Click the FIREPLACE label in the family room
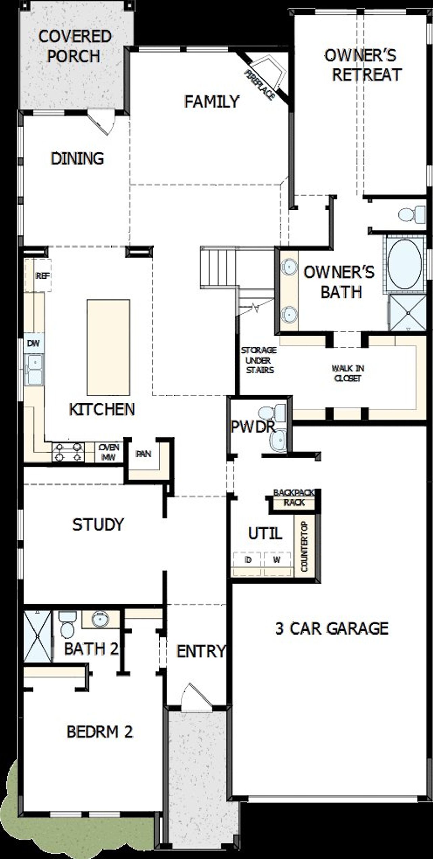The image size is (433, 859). [259, 85]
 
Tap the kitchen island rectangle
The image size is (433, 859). [108, 347]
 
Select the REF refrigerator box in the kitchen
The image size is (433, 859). [42, 276]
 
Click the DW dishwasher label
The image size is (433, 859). [33, 343]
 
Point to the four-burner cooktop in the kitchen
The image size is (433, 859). [68, 452]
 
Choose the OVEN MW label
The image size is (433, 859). [109, 452]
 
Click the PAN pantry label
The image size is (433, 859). [143, 454]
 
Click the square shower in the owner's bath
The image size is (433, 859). [407, 313]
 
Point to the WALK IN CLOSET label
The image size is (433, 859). [348, 373]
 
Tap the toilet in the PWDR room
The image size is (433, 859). [272, 412]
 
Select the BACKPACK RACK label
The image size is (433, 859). [294, 497]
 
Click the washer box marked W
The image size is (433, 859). [277, 560]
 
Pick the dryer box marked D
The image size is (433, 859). [248, 560]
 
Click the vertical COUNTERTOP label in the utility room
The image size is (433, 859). [304, 546]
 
